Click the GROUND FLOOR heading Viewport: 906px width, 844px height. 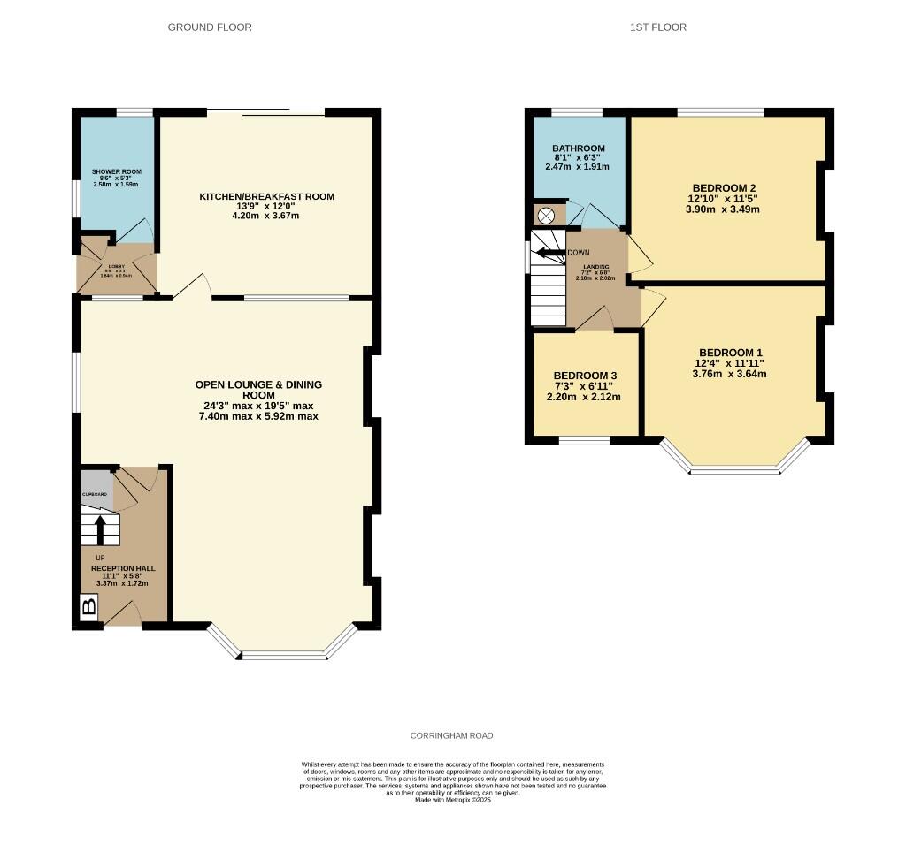point(210,27)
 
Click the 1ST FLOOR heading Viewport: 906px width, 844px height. point(657,27)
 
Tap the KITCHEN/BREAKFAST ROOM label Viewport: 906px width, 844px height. point(266,196)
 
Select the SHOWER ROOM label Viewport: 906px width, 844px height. point(116,171)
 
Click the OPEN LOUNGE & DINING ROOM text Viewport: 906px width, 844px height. point(258,390)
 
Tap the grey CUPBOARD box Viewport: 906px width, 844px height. point(96,494)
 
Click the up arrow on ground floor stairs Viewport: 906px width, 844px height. point(100,529)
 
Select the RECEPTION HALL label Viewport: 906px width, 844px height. point(119,570)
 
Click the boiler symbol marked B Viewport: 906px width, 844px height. point(88,607)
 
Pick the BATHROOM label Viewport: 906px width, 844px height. point(578,148)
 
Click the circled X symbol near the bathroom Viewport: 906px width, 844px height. point(546,215)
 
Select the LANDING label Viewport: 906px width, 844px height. point(595,266)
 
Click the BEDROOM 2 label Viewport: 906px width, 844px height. point(724,188)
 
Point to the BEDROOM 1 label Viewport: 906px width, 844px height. point(730,351)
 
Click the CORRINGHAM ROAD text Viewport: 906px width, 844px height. point(452,735)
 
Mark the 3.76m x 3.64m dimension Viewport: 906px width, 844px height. point(730,374)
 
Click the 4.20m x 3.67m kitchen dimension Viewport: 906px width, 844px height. point(266,216)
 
